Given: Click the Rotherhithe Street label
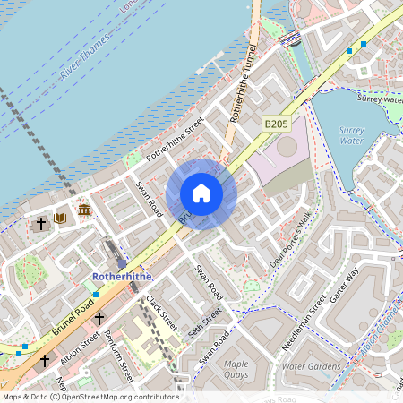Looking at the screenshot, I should pos(176,138).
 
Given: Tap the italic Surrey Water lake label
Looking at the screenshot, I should pos(352,135).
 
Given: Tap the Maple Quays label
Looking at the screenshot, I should pos(236,370).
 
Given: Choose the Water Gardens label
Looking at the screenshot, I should pos(312,367).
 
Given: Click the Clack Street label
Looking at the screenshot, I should pos(163,313).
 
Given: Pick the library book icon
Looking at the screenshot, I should pos(61,218).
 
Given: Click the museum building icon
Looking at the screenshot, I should pos(83,210).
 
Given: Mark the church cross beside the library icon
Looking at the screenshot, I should pos(40,221).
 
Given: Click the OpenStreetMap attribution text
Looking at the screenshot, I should pos(90,397).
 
